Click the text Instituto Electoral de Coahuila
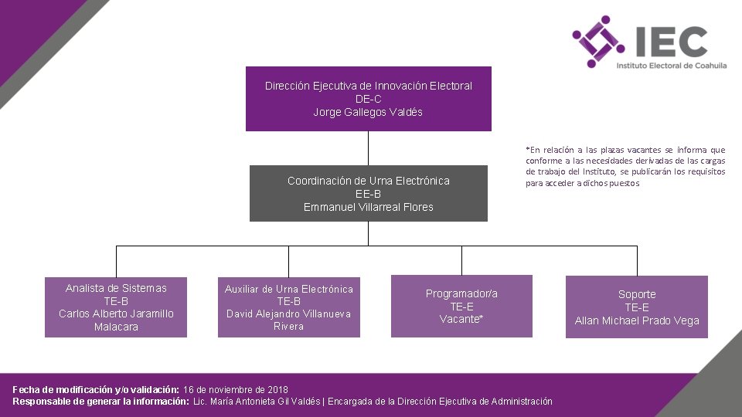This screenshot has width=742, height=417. click(x=671, y=66)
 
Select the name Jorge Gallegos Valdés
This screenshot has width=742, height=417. click(x=368, y=112)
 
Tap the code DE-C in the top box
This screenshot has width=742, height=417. click(x=368, y=99)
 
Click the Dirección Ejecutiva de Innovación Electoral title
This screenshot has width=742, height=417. click(x=368, y=86)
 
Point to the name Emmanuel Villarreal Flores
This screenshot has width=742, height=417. click(x=368, y=207)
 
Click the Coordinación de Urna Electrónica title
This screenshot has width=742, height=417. click(x=368, y=181)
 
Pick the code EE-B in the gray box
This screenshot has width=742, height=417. click(x=368, y=194)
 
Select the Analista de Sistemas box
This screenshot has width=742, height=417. click(x=116, y=307)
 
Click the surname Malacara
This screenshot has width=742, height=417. click(x=116, y=327)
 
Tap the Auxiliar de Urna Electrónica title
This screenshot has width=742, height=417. click(x=288, y=289)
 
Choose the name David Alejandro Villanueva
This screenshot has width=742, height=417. click(x=288, y=314)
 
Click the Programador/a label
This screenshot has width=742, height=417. click(x=461, y=293)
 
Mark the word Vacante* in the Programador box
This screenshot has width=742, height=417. click(x=461, y=319)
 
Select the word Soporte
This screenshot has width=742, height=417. click(x=637, y=294)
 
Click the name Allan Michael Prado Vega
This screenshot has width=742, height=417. click(x=637, y=320)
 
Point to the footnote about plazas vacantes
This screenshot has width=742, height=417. click(x=625, y=167)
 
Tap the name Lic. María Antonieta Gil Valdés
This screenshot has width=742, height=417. click(x=257, y=402)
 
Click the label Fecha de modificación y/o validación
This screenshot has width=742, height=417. click(x=96, y=389)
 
